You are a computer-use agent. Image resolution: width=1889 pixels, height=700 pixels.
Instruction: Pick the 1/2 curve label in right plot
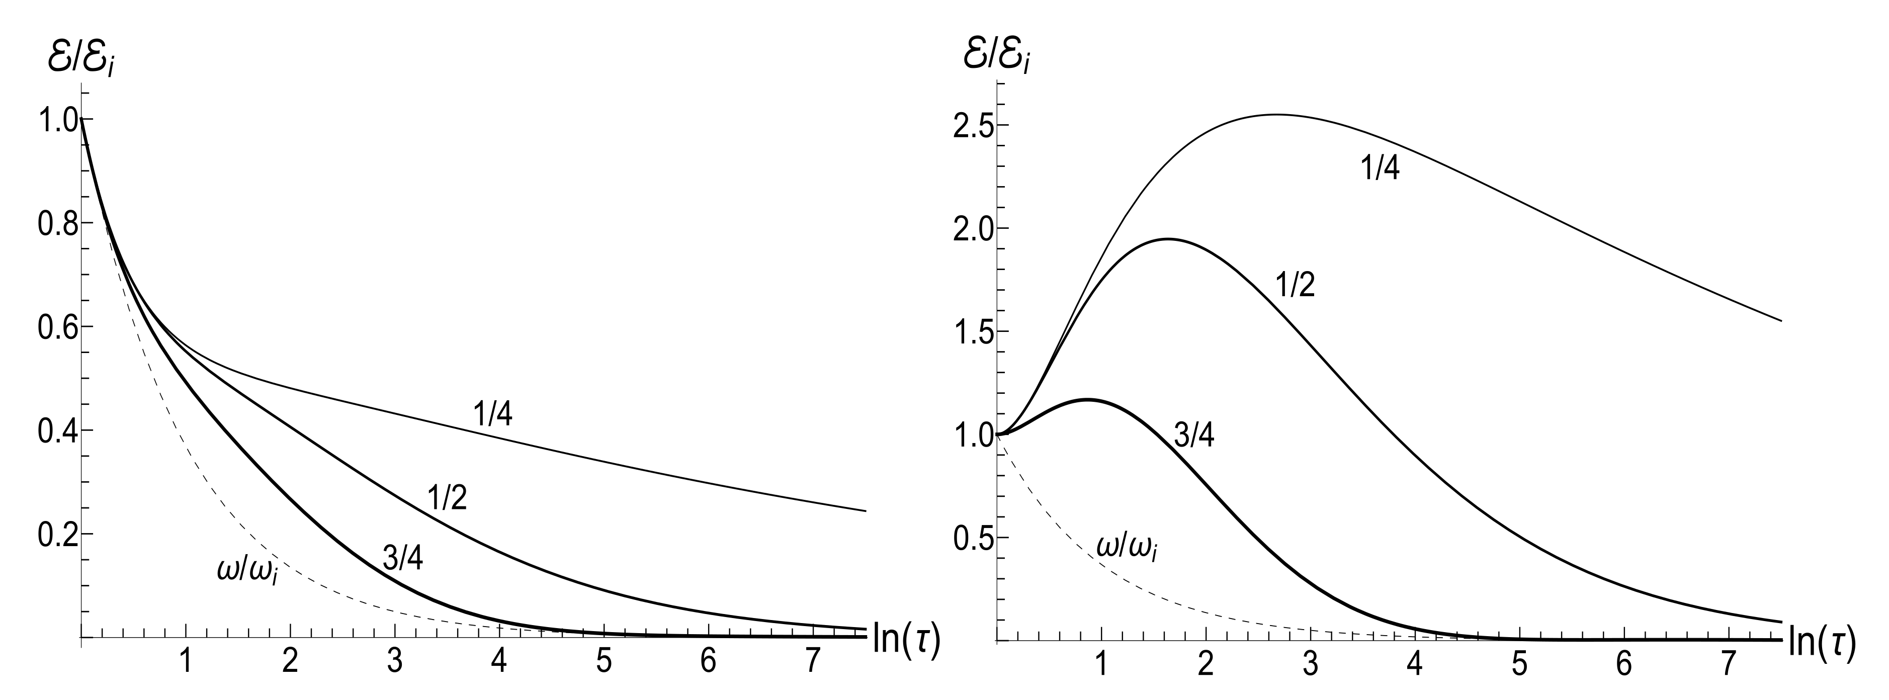click(x=1296, y=286)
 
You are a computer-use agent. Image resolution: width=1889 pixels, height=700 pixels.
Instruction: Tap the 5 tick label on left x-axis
click(x=604, y=663)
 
